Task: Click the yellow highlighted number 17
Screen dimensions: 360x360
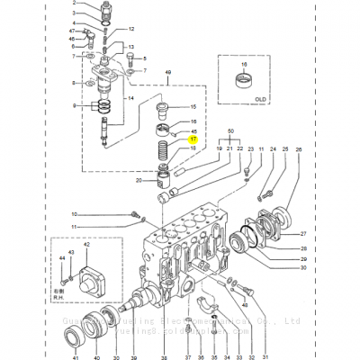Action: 192,139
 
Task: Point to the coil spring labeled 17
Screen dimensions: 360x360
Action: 166,147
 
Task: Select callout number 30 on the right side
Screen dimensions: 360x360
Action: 303,268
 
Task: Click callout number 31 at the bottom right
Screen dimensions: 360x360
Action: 265,348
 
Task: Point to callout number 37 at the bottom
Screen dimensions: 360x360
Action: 188,348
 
